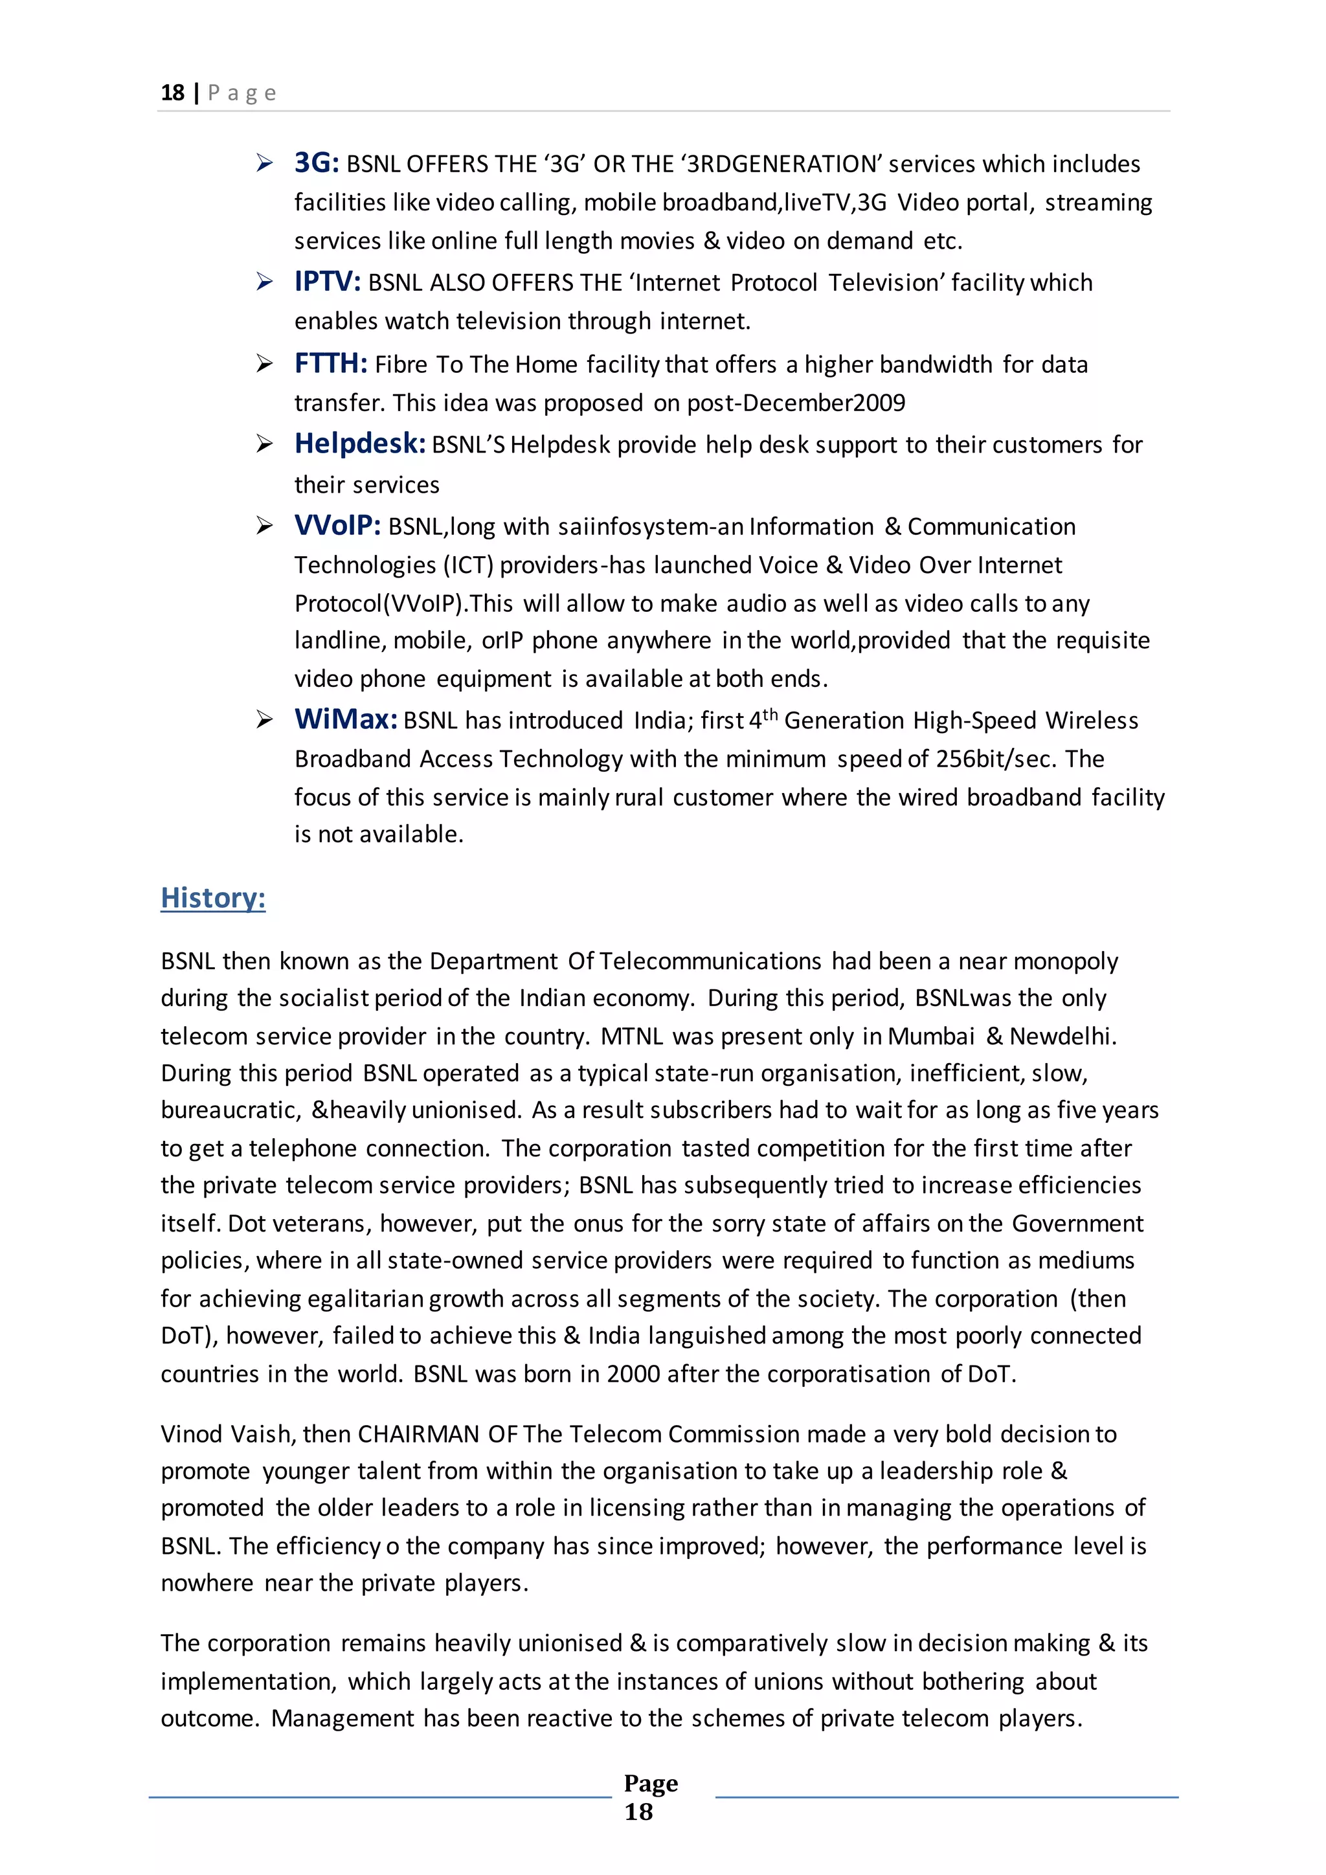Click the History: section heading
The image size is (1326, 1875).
(x=213, y=897)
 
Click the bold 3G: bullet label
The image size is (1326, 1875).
(x=316, y=163)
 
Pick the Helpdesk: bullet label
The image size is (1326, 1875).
(x=359, y=443)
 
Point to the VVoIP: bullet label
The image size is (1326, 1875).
(x=337, y=525)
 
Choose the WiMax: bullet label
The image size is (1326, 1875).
(x=345, y=719)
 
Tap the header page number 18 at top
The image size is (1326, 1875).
(x=172, y=93)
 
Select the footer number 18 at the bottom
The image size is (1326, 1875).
(x=638, y=1812)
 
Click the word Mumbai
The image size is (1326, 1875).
(x=931, y=1037)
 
